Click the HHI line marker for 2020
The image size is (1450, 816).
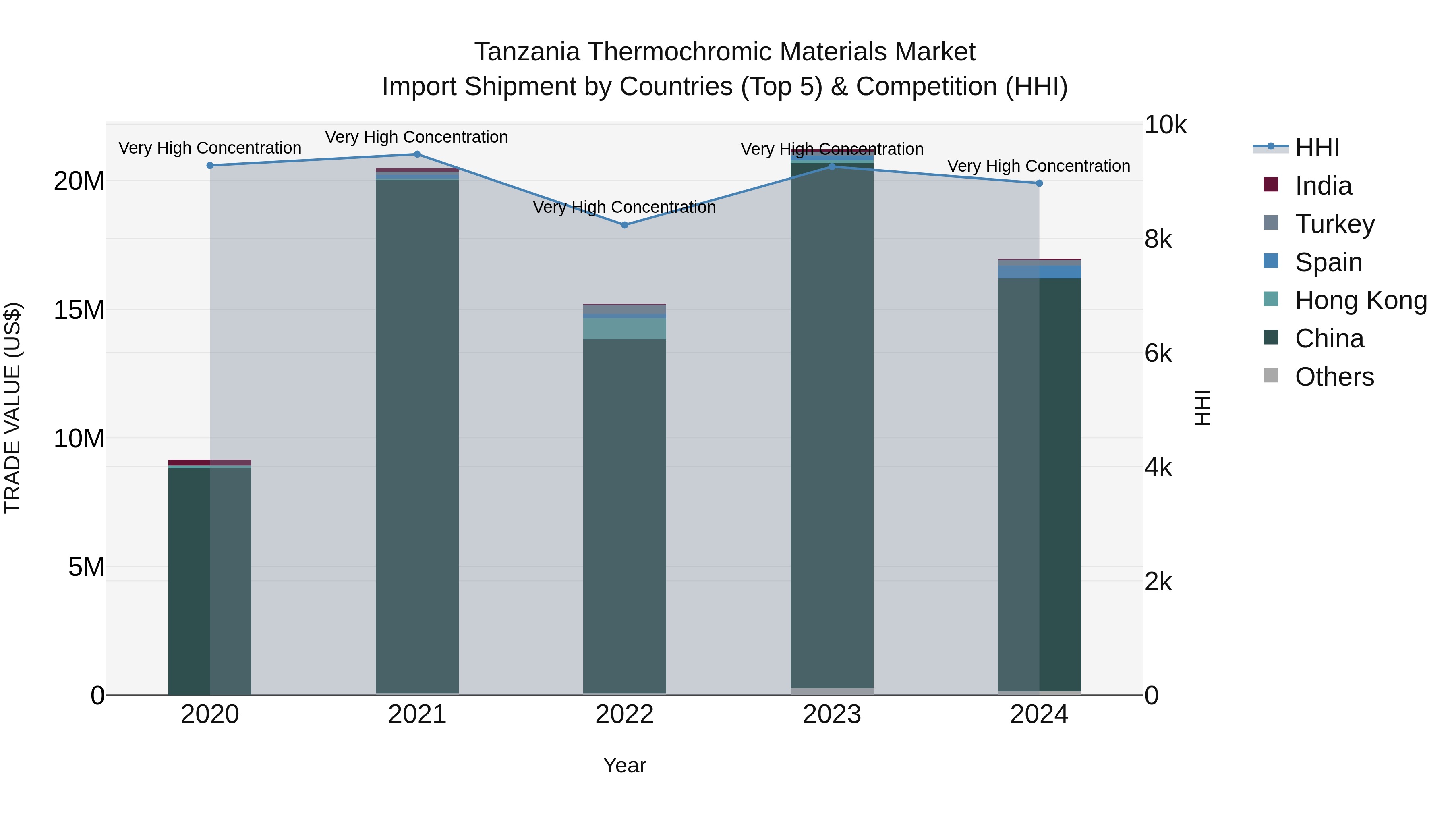pyautogui.click(x=210, y=166)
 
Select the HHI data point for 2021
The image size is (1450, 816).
pyautogui.click(x=417, y=154)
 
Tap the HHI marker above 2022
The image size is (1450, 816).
pyautogui.click(x=624, y=225)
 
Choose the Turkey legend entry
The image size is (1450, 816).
pyautogui.click(x=1334, y=224)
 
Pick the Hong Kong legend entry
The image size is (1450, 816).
pyautogui.click(x=1361, y=301)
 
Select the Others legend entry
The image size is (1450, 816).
pyautogui.click(x=1334, y=377)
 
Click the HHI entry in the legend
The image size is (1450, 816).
pyautogui.click(x=1317, y=147)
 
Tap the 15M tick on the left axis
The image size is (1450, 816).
pyautogui.click(x=79, y=310)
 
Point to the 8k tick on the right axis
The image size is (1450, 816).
pyautogui.click(x=1158, y=240)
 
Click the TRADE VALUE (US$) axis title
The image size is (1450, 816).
pyautogui.click(x=12, y=408)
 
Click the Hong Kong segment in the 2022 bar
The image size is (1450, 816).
pyautogui.click(x=624, y=329)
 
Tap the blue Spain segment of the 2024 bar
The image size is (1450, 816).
pyautogui.click(x=1039, y=272)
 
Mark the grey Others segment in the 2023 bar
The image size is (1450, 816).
pyautogui.click(x=832, y=691)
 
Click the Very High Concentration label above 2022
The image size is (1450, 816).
pyautogui.click(x=624, y=207)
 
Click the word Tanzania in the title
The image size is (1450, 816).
pyautogui.click(x=527, y=52)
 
